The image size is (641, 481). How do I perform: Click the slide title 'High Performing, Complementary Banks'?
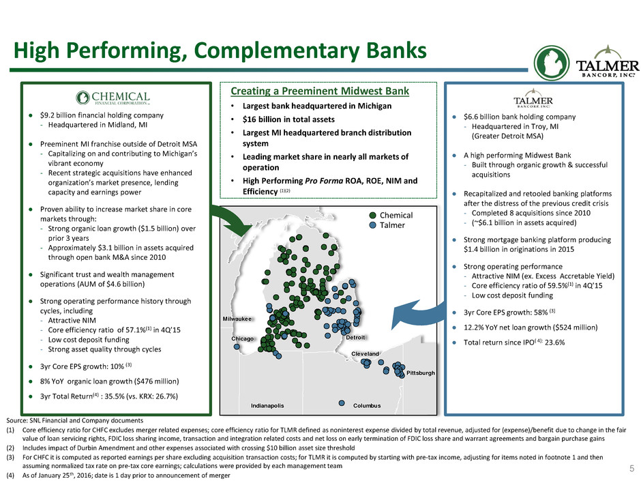220,51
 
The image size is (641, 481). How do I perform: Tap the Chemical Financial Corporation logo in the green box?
113,98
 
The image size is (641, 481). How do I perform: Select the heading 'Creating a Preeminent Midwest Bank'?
320,91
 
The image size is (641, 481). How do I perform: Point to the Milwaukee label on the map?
237,319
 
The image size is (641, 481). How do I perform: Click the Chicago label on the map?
242,338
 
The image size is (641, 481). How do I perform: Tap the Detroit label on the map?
355,338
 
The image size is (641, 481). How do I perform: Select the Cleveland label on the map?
365,353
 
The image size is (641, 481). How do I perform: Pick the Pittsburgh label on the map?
421,373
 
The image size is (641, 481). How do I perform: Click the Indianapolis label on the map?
267,405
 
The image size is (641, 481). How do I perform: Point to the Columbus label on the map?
367,405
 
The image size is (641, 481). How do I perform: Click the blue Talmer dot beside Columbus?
342,403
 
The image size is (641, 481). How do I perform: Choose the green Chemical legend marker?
373,216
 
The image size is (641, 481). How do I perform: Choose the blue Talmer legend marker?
373,225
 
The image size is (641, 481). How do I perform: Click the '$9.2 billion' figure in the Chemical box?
57,115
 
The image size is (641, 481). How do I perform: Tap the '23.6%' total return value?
554,342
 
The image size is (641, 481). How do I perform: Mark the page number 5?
631,469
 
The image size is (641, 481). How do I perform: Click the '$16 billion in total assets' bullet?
288,119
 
